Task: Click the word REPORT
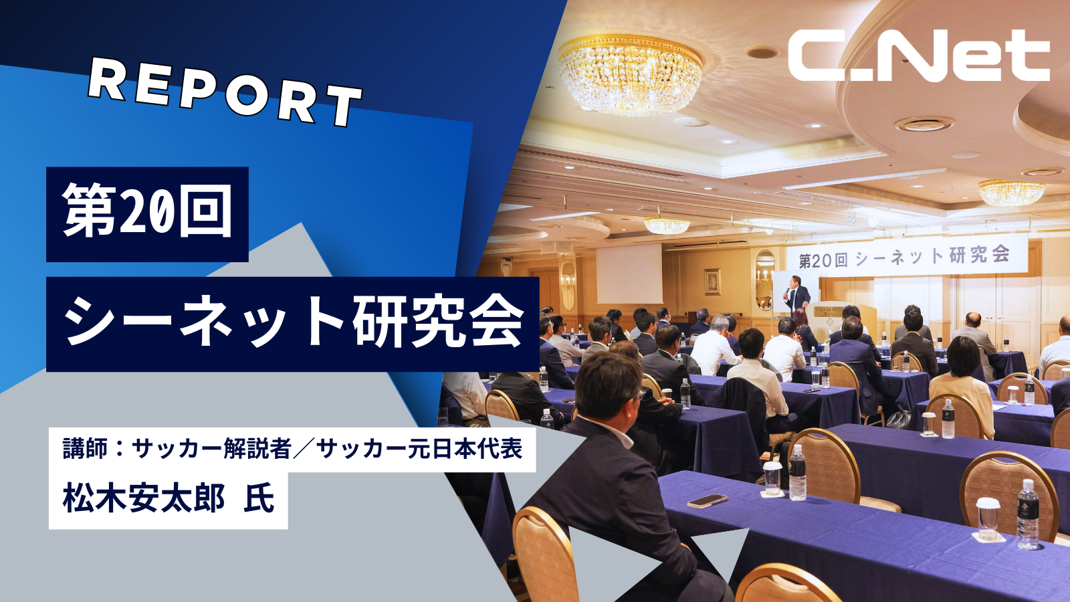[225, 92]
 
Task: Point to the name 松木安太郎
[143, 498]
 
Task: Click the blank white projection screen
[629, 274]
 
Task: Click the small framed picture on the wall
[713, 282]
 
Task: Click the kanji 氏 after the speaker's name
[259, 498]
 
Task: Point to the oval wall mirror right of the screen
[765, 280]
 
